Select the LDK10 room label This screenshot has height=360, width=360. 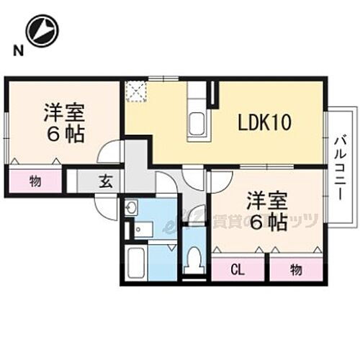pyautogui.click(x=264, y=122)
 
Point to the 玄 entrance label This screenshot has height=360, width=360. pyautogui.click(x=106, y=181)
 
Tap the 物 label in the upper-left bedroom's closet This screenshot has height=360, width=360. pyautogui.click(x=35, y=180)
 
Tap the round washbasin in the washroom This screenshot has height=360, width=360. pyautogui.click(x=130, y=210)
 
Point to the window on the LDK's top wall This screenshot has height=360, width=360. pyautogui.click(x=162, y=78)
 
